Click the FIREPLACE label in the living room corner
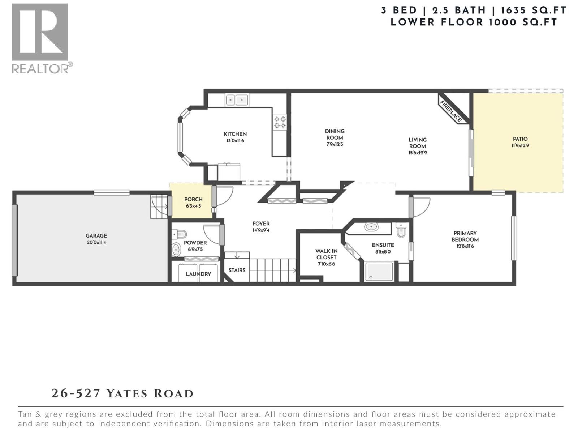(x=450, y=111)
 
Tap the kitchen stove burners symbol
(x=280, y=122)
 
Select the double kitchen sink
(x=237, y=100)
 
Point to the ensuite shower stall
(x=379, y=272)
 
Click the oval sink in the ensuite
(x=371, y=227)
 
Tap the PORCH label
(x=193, y=199)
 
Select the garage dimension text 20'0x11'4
(x=96, y=242)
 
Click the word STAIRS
(x=237, y=270)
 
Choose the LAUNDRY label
(x=198, y=274)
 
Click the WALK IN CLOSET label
(x=326, y=254)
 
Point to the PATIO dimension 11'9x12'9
(x=520, y=146)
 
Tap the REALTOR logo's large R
(x=40, y=32)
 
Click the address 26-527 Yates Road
(x=122, y=393)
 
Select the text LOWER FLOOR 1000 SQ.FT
(x=474, y=22)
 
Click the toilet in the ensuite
(x=401, y=230)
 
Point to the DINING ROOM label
(x=335, y=134)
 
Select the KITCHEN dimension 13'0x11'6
(x=235, y=141)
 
